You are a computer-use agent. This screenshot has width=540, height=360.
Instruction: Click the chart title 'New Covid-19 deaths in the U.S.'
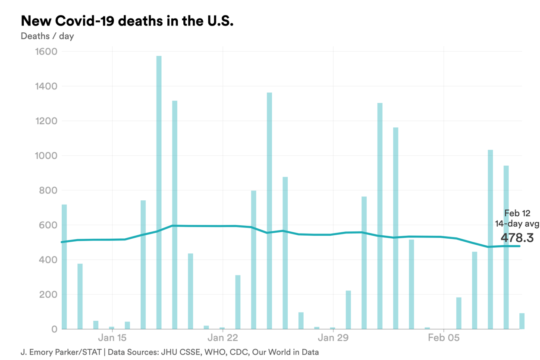click(127, 21)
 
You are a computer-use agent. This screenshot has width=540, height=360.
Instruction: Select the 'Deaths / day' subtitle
click(47, 36)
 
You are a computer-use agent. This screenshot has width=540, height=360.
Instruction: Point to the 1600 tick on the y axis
click(45, 52)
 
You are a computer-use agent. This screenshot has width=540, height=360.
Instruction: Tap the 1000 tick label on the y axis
click(45, 156)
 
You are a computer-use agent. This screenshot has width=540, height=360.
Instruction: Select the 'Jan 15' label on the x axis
click(112, 338)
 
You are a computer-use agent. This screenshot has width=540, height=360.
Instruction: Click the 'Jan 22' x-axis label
click(223, 338)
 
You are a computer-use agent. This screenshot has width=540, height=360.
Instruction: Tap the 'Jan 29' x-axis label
click(333, 338)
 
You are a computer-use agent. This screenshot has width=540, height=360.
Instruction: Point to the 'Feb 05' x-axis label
click(444, 338)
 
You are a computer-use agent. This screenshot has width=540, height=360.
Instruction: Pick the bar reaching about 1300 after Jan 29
click(380, 216)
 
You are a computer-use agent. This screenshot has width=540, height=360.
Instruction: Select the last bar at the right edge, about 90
click(522, 321)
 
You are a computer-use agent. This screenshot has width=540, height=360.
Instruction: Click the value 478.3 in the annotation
click(517, 237)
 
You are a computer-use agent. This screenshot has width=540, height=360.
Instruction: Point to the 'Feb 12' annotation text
click(517, 213)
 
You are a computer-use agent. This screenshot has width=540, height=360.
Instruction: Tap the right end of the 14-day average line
click(519, 246)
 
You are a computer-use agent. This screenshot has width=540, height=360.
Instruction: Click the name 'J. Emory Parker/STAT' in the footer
click(61, 352)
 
